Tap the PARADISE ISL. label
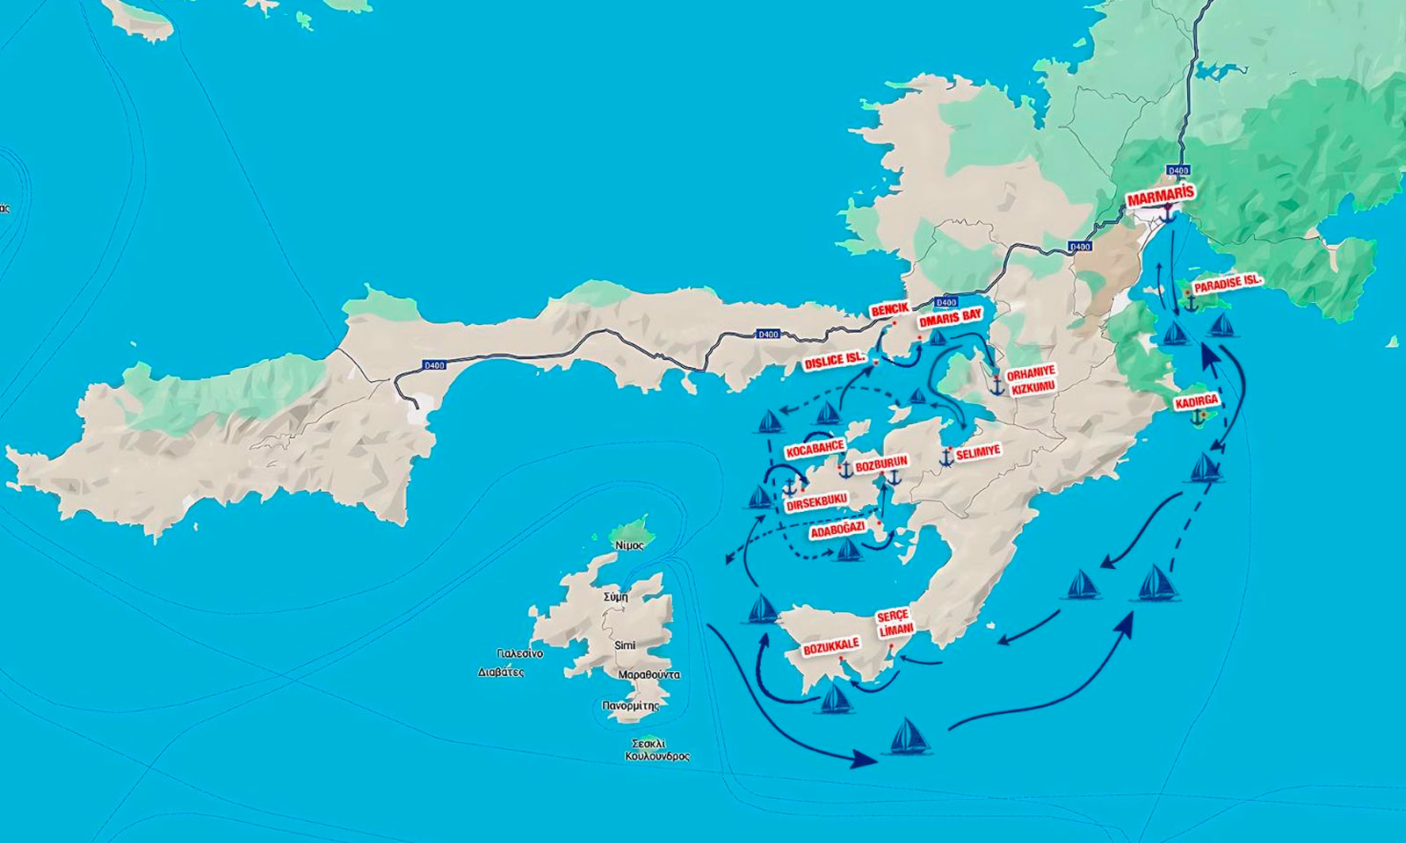(x=1228, y=284)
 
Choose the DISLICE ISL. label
(x=836, y=360)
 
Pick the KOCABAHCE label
(x=815, y=450)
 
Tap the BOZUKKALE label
(x=830, y=648)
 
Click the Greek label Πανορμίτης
(x=630, y=705)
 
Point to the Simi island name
(x=625, y=645)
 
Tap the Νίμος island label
(x=630, y=545)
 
